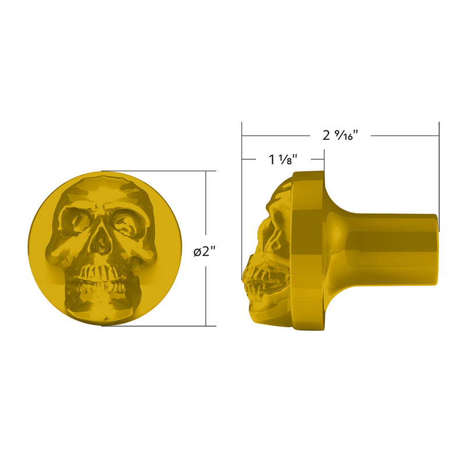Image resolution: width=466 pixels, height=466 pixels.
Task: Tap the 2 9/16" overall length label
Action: click(340, 135)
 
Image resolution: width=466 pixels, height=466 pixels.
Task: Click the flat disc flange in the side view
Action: click(308, 250)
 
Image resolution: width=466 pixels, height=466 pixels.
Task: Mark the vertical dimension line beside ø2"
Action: click(206, 210)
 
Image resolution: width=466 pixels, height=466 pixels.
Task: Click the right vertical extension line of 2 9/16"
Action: click(439, 175)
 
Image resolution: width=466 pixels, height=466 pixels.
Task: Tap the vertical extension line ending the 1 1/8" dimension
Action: click(324, 160)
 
